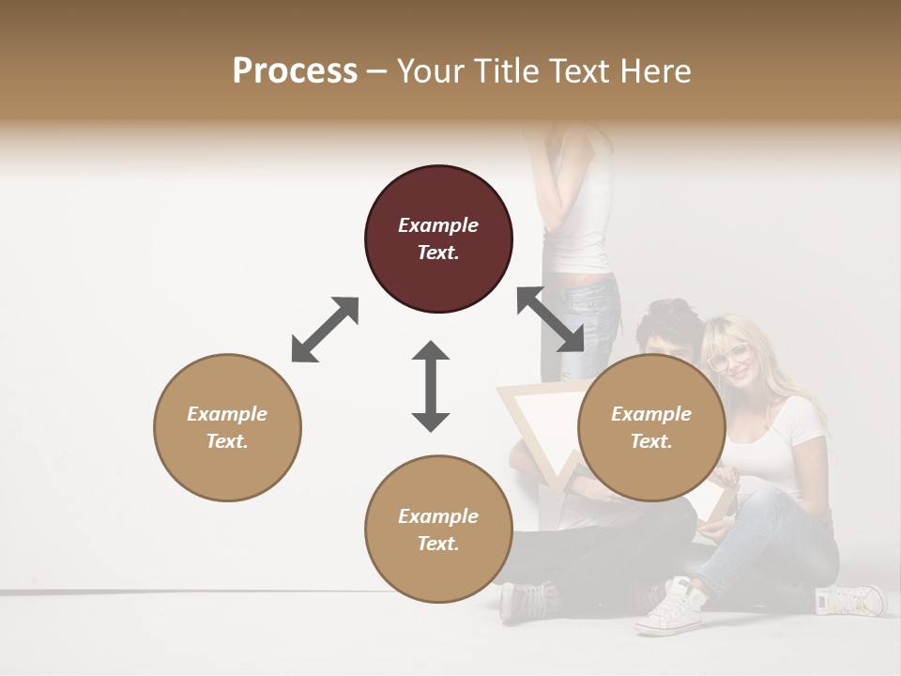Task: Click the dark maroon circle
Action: click(x=438, y=238)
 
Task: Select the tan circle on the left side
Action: click(x=227, y=427)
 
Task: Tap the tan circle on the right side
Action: click(x=651, y=427)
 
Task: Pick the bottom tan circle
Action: click(x=438, y=529)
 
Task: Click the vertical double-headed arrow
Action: click(x=431, y=386)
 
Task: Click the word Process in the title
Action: click(x=295, y=70)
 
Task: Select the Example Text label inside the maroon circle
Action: click(x=438, y=238)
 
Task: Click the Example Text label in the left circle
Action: click(x=227, y=427)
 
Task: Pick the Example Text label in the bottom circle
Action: click(x=438, y=530)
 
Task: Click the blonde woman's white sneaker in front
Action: click(x=668, y=607)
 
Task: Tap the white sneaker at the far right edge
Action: click(x=851, y=599)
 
